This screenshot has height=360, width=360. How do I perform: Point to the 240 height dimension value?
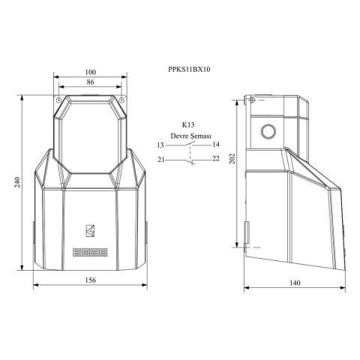(x=17, y=183)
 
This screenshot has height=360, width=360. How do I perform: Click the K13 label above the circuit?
(x=189, y=124)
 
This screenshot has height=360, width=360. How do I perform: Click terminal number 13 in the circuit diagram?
(x=160, y=144)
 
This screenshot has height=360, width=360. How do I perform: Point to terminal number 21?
(x=160, y=159)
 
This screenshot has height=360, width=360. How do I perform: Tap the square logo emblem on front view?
(x=90, y=230)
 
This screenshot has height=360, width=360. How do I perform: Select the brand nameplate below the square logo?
(x=90, y=252)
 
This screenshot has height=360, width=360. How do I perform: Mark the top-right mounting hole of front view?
(x=121, y=97)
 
